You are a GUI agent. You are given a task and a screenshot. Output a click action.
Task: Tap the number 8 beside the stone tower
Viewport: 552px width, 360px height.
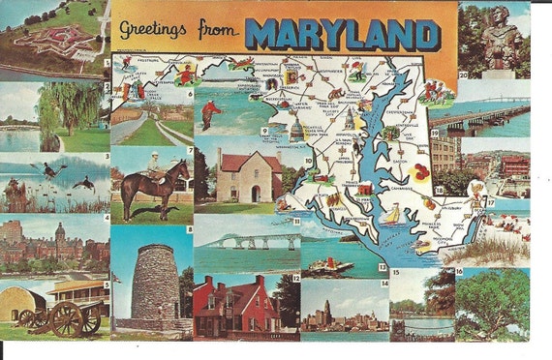pyautogui.click(x=189, y=229)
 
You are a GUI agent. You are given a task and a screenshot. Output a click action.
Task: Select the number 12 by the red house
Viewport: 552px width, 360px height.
pyautogui.click(x=295, y=277)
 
